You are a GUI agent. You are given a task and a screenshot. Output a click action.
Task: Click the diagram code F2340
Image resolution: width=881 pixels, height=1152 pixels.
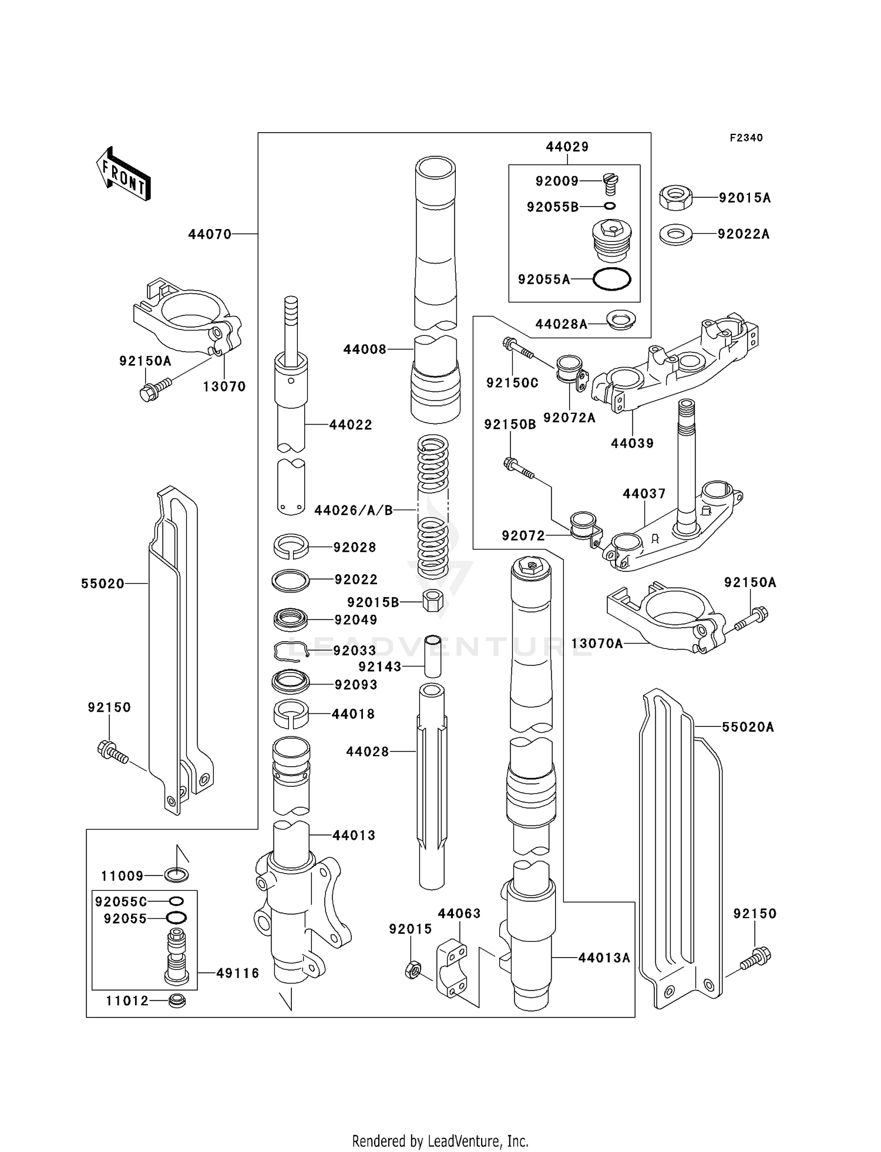pyautogui.click(x=746, y=138)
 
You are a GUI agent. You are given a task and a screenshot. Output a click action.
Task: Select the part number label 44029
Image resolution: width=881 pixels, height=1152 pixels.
pyautogui.click(x=567, y=147)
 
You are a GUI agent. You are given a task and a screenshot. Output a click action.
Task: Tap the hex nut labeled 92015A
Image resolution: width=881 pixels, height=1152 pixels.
pyautogui.click(x=675, y=197)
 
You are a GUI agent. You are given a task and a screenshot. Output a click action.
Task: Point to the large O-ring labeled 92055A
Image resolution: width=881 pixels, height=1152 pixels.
pyautogui.click(x=611, y=279)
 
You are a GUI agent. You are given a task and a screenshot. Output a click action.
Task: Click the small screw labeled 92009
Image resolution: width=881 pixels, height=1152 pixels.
pyautogui.click(x=611, y=184)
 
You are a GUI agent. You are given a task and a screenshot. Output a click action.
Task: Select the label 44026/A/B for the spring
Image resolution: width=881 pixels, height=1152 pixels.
pyautogui.click(x=354, y=510)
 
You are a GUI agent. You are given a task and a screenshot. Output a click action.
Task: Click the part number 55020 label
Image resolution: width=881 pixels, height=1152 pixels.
pyautogui.click(x=103, y=584)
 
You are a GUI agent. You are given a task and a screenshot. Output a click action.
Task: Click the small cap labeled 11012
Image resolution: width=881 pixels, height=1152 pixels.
pyautogui.click(x=177, y=1001)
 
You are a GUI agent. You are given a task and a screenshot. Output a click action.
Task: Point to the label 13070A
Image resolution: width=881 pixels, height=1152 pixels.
pyautogui.click(x=597, y=644)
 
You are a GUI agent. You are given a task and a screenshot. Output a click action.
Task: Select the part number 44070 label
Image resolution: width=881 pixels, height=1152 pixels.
pyautogui.click(x=210, y=234)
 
